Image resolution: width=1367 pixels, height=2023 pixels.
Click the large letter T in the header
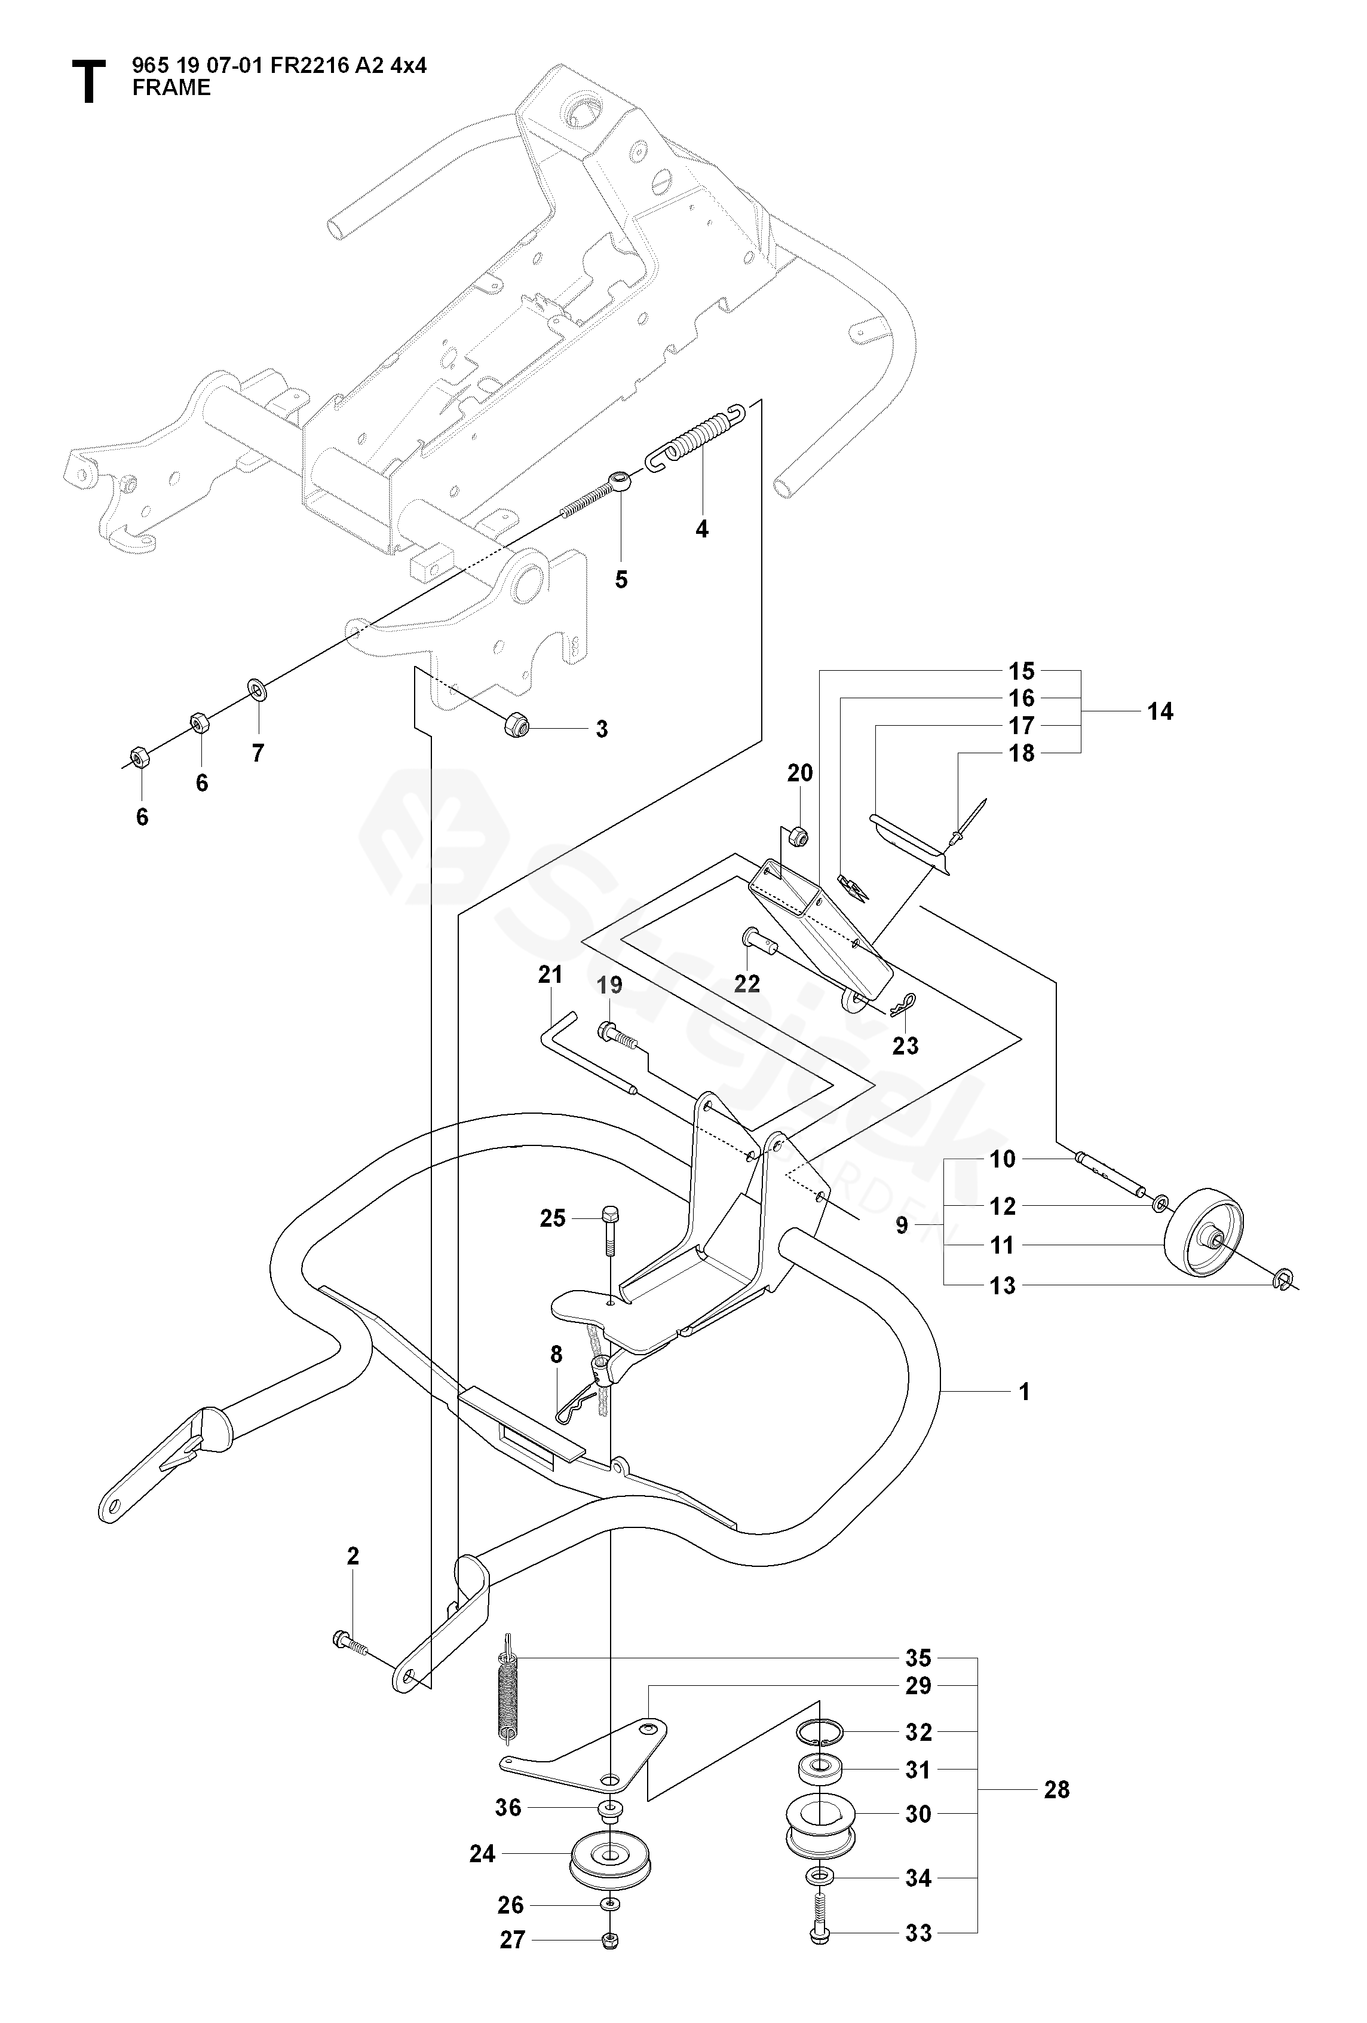pos(88,82)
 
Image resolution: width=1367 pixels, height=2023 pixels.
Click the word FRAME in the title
pos(171,88)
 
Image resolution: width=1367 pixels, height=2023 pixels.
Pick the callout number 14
pos(1159,711)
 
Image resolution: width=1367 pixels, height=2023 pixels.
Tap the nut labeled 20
pos(798,836)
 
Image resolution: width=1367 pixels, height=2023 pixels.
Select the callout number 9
pos(902,1226)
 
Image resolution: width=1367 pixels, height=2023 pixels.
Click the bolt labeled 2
pos(349,1643)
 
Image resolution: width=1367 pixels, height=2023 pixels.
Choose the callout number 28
pos(1056,1790)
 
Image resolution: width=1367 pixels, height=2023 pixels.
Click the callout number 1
pos(1024,1392)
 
